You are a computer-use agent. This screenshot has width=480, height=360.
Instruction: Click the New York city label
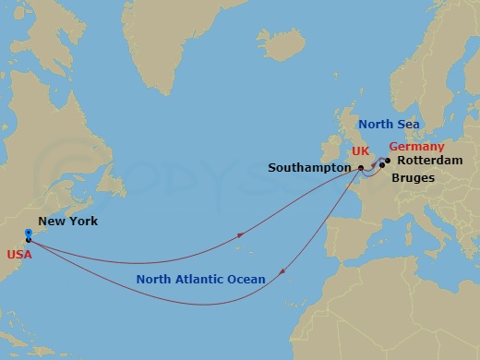(x=63, y=222)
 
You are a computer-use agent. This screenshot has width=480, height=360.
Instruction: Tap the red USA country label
(x=20, y=254)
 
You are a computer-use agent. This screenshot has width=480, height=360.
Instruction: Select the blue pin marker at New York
(x=29, y=234)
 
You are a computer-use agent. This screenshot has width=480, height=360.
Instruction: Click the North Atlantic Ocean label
(x=200, y=279)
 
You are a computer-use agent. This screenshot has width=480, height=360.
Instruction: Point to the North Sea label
(x=389, y=124)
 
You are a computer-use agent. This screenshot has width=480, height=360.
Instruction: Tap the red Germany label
(x=416, y=147)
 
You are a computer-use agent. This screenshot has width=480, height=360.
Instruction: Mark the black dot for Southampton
(x=360, y=168)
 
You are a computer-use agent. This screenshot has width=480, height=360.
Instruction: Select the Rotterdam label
(x=429, y=160)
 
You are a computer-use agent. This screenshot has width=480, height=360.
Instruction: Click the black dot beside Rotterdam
(x=388, y=160)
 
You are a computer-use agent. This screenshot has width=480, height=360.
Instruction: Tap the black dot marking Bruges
(x=382, y=166)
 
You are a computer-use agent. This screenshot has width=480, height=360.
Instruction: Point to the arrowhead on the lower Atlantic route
(x=281, y=271)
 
